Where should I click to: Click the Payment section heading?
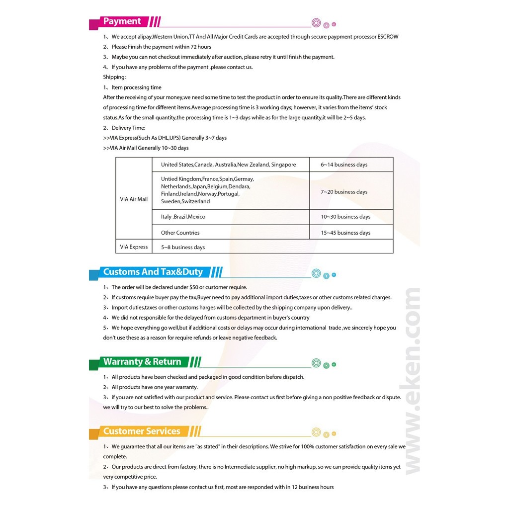tap(122, 21)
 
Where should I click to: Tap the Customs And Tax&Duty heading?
tap(153, 272)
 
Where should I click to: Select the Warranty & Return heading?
tap(142, 361)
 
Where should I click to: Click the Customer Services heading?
tap(141, 431)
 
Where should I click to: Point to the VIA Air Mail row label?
tap(134, 199)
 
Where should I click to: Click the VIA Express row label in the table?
tap(134, 247)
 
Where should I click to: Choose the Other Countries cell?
tap(180, 233)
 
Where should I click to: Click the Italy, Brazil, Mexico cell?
tap(183, 217)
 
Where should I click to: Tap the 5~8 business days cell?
tap(183, 247)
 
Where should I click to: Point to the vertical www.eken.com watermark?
tap(412, 380)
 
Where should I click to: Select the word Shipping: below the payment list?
tap(114, 77)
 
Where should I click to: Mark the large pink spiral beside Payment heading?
tap(316, 22)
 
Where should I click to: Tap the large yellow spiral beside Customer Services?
tap(316, 432)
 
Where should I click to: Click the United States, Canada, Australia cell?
tap(228, 165)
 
